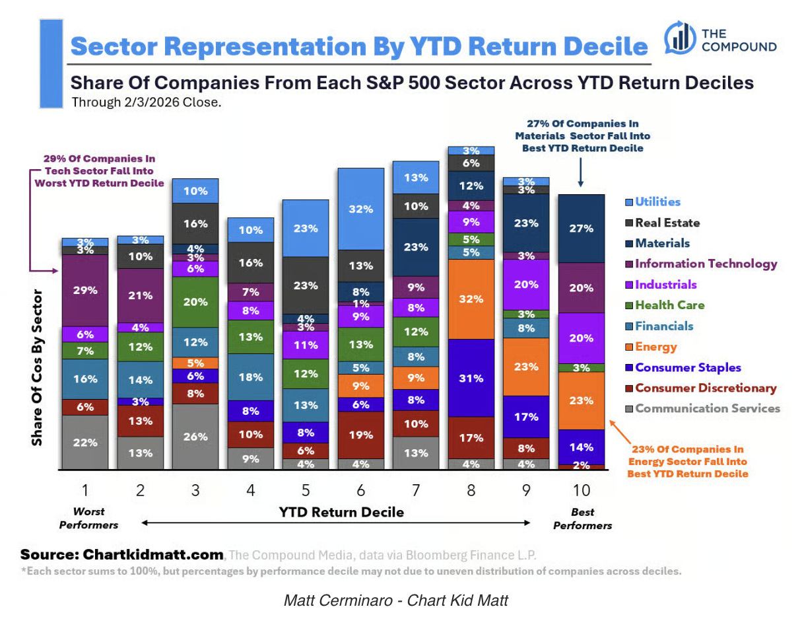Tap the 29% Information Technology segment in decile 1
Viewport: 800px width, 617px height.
(x=85, y=290)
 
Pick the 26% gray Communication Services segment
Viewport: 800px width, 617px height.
(x=195, y=437)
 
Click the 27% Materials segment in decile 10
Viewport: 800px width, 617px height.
(x=582, y=229)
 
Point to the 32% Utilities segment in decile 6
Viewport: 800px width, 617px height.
(x=361, y=209)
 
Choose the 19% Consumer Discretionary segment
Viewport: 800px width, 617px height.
(x=361, y=435)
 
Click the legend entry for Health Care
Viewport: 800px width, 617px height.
(x=669, y=305)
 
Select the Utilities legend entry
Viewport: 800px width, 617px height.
(x=657, y=202)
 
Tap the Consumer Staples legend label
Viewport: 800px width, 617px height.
(x=688, y=367)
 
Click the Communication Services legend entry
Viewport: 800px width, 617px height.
(x=707, y=408)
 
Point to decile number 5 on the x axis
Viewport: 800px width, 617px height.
(x=306, y=490)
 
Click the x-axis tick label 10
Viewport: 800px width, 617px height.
(x=582, y=490)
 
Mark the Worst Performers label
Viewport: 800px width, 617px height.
(x=88, y=519)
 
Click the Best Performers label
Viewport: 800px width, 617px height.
(x=582, y=519)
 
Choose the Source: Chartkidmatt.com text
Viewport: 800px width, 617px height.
(x=122, y=554)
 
